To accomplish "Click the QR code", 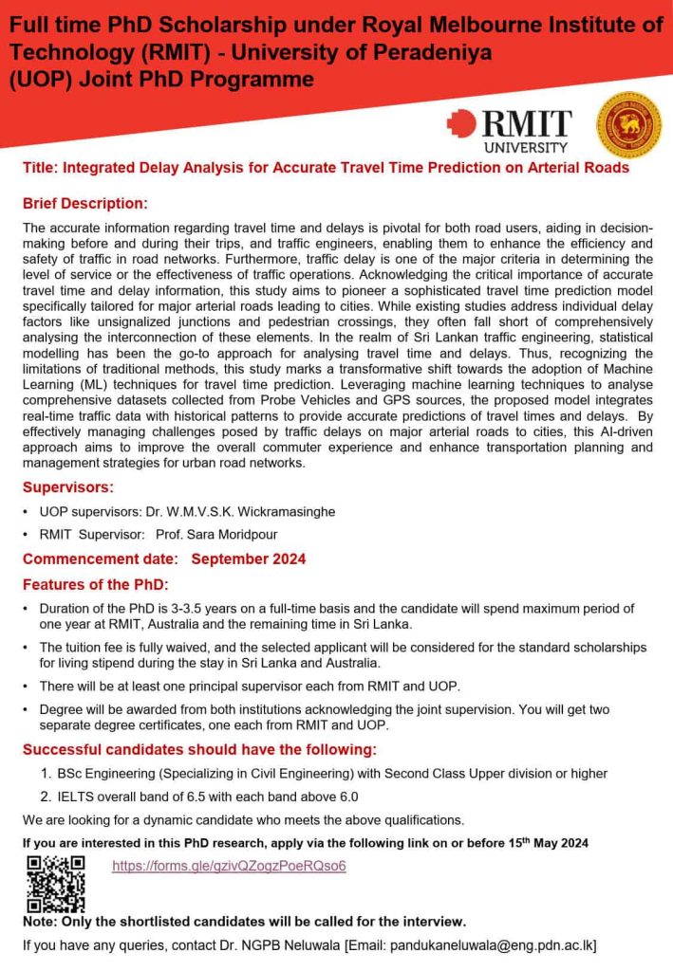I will click(x=55, y=882).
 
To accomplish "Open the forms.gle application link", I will click(x=229, y=866).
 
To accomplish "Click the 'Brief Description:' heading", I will click(x=85, y=204).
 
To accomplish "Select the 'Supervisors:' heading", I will click(x=68, y=487).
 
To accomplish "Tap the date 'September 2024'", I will click(x=249, y=559).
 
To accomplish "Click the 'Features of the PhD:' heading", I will click(x=95, y=584).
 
